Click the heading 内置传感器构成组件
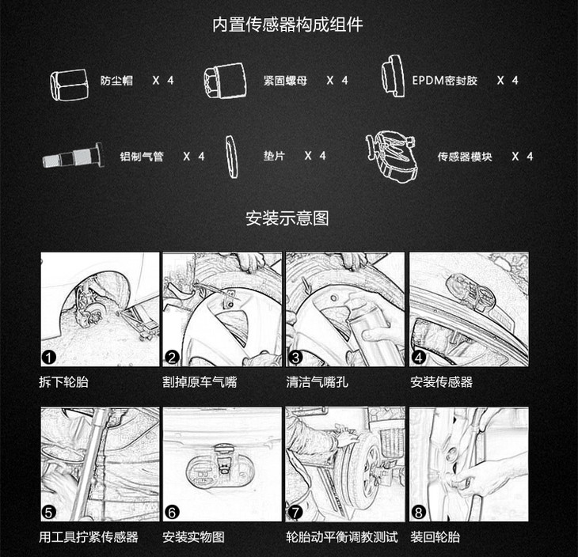coord(287,25)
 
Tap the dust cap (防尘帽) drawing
coord(70,85)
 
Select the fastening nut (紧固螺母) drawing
coord(225,81)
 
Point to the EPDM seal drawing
coord(393,76)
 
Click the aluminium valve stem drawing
coord(73,156)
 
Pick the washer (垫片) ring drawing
coord(231,157)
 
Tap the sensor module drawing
coord(391,156)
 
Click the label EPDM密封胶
coord(444,81)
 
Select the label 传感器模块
coord(465,157)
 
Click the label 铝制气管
coord(142,157)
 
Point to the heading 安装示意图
coord(287,218)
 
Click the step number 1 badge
coord(48,357)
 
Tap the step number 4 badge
coord(418,357)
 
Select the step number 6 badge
coord(172,512)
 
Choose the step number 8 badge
coord(418,512)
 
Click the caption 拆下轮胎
coord(64,382)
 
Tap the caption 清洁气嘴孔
coord(317,382)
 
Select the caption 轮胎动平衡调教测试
coord(342,537)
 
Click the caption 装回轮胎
coord(435,537)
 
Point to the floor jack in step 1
coord(139,321)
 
